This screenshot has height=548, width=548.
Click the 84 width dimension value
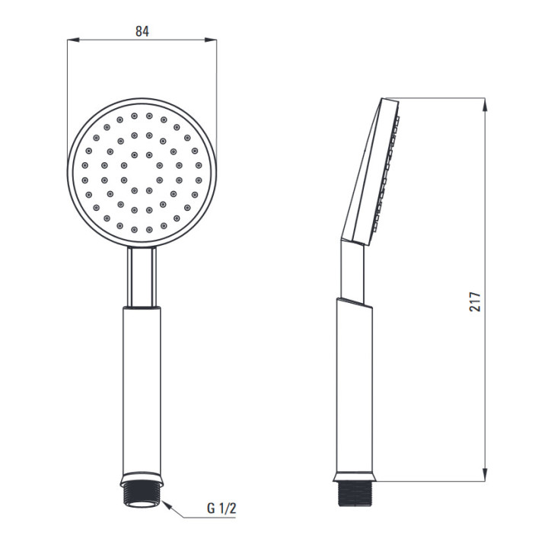[142, 31]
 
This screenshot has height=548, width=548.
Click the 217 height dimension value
[475, 301]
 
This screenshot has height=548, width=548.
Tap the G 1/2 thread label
[221, 508]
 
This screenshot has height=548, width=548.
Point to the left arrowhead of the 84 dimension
[73, 40]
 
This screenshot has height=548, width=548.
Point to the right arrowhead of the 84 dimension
[210, 40]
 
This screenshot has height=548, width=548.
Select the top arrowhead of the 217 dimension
[484, 104]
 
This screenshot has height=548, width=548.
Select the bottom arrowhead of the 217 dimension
[484, 475]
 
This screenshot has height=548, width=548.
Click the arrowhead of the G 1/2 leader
[167, 505]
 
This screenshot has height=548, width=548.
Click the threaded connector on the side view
[355, 494]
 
